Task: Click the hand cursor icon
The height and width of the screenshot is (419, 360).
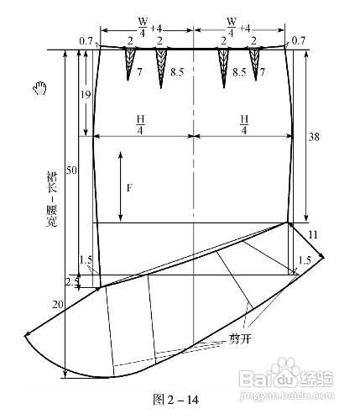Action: [40, 88]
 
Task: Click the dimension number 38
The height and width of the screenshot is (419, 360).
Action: [314, 137]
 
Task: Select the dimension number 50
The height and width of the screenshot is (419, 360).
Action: [71, 170]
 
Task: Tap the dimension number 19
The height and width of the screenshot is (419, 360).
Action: [86, 95]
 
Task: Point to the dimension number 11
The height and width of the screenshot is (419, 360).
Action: [313, 234]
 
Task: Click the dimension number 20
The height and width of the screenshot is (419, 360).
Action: [58, 304]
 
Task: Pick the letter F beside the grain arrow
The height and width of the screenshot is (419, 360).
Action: [129, 187]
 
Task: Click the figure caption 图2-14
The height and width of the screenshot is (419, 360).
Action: [175, 400]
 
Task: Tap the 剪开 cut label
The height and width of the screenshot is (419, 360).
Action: [240, 339]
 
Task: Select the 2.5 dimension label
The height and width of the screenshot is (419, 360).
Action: [70, 282]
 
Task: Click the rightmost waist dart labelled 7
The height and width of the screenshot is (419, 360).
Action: [256, 63]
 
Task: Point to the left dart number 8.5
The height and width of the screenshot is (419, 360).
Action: [177, 72]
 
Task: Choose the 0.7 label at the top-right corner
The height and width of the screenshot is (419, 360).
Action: [299, 41]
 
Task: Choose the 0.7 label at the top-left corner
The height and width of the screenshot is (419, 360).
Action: [86, 41]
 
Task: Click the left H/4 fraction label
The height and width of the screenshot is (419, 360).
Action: [140, 124]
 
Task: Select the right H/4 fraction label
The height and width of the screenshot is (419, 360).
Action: [244, 124]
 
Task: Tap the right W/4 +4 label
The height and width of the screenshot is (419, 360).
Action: [238, 28]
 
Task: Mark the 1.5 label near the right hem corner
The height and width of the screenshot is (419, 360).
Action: [305, 260]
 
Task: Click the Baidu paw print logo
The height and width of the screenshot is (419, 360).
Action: [285, 367]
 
